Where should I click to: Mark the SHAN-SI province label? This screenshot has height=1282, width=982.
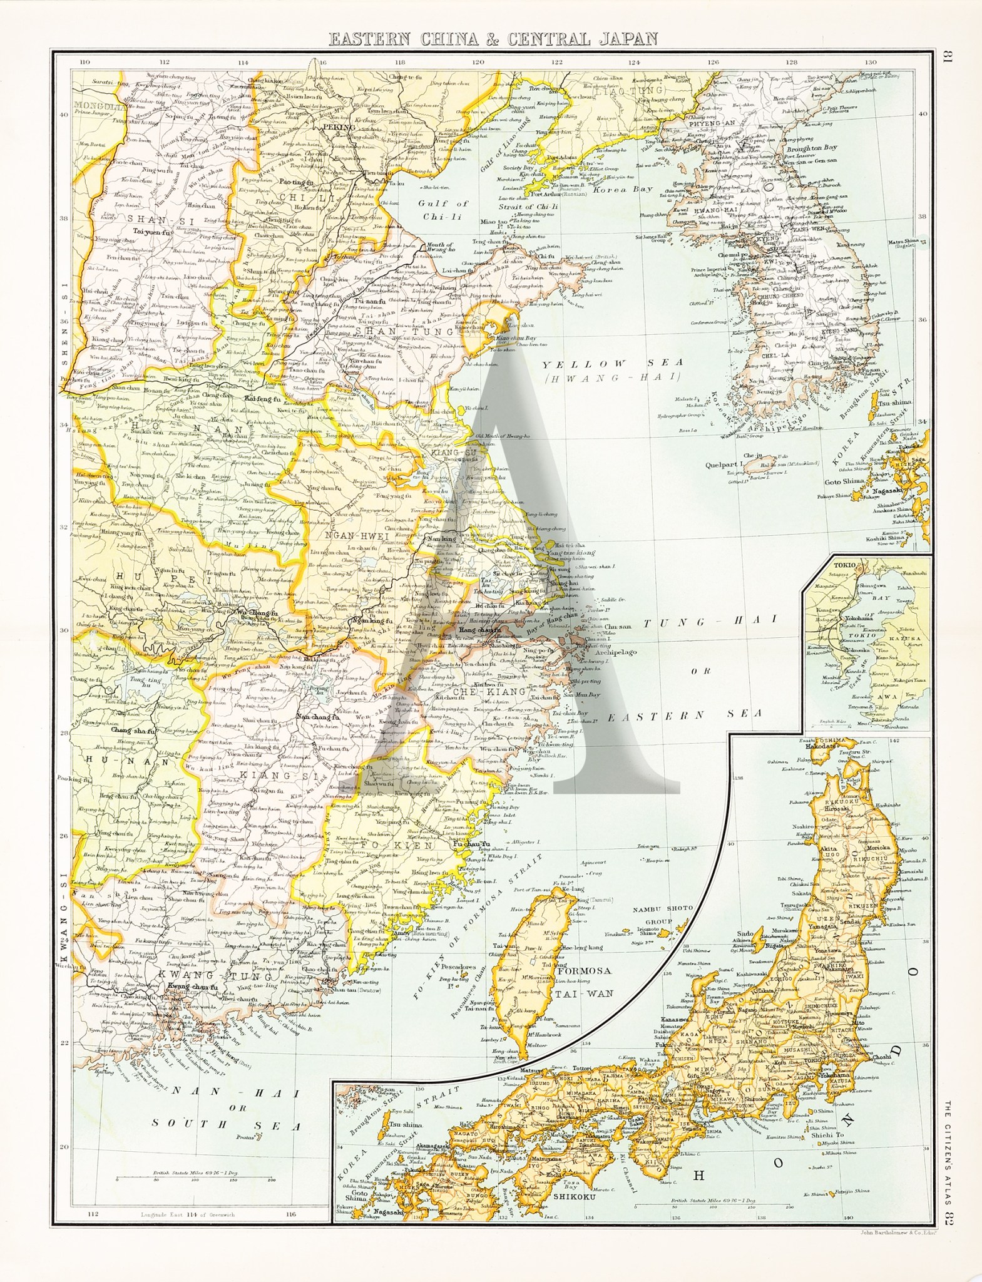pyautogui.click(x=142, y=218)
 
